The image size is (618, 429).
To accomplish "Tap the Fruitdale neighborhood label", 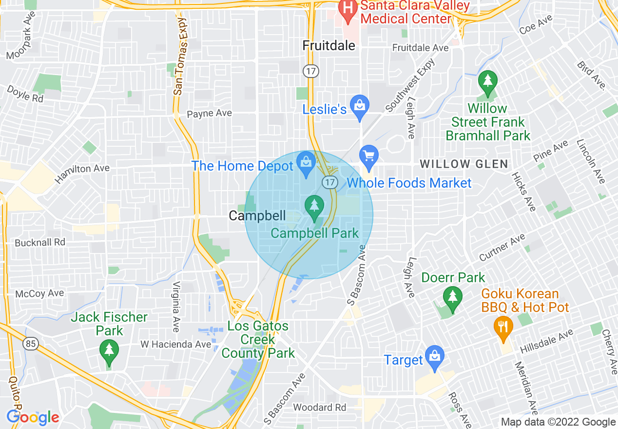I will click(329, 45).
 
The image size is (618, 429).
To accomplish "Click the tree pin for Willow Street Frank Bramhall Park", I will click(487, 82).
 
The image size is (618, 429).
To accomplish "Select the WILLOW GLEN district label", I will click(464, 164).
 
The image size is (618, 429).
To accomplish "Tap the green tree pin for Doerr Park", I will click(453, 298).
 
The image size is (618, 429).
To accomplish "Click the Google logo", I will click(33, 417).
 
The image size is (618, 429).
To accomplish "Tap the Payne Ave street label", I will click(209, 113).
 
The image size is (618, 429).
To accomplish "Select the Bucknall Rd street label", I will click(40, 242).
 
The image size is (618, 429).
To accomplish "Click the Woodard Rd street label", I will click(319, 407).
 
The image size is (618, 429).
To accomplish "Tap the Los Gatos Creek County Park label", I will click(258, 339).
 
